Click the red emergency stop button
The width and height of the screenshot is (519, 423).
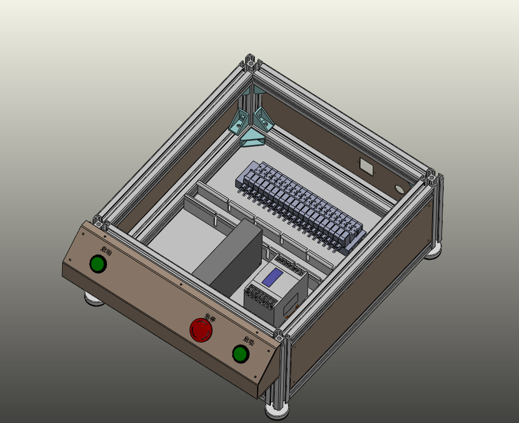[201, 330]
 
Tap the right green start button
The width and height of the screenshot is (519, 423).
[240, 354]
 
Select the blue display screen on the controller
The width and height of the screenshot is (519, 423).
[273, 277]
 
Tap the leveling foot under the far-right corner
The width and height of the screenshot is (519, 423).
[434, 251]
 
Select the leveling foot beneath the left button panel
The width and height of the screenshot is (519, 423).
[94, 299]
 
